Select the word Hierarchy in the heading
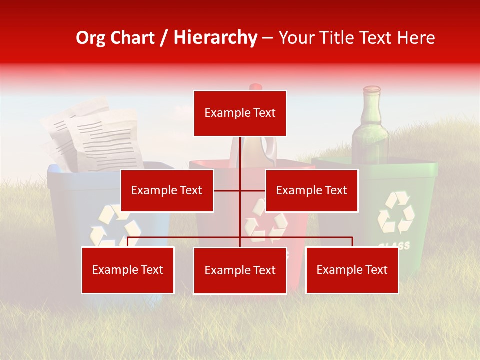pos(215,38)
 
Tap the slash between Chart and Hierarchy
pos(164,38)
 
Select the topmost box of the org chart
pos(240,113)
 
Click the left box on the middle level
pos(167,190)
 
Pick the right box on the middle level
pos(311,190)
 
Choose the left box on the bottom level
pos(128,270)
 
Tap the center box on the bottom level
pos(240,270)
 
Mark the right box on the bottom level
pos(352,270)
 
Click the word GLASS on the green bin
pos(394,245)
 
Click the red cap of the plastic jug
pos(256,87)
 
